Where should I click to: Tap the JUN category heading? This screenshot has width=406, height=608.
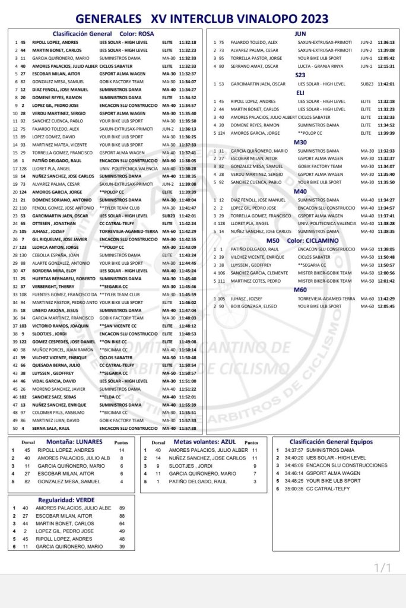(x=300, y=34)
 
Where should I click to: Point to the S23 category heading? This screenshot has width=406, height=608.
(x=300, y=75)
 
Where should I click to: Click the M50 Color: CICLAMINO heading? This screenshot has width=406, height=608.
(x=297, y=240)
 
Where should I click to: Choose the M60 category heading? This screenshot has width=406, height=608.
(x=300, y=289)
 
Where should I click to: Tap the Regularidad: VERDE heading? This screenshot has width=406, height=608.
(x=71, y=500)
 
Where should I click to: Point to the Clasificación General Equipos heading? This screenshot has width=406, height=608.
(x=331, y=442)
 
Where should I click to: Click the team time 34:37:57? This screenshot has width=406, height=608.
(x=293, y=450)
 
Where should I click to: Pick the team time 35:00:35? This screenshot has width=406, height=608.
(x=293, y=489)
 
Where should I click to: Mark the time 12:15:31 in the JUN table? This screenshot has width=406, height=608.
(x=386, y=66)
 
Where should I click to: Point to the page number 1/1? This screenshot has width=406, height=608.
(x=382, y=568)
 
